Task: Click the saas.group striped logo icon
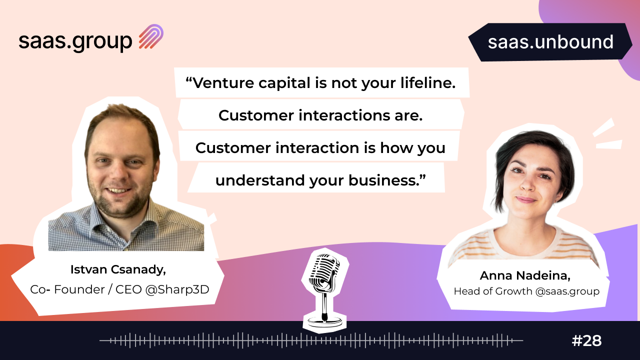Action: tap(151, 36)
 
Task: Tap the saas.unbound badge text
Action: tap(550, 42)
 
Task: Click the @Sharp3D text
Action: tap(177, 289)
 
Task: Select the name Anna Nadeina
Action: tap(524, 275)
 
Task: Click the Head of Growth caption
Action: tap(493, 291)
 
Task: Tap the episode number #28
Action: tap(587, 340)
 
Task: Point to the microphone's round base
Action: tap(324, 322)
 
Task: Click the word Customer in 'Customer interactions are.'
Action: tap(256, 115)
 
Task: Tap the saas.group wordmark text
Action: tap(75, 41)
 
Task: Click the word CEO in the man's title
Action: tap(128, 289)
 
